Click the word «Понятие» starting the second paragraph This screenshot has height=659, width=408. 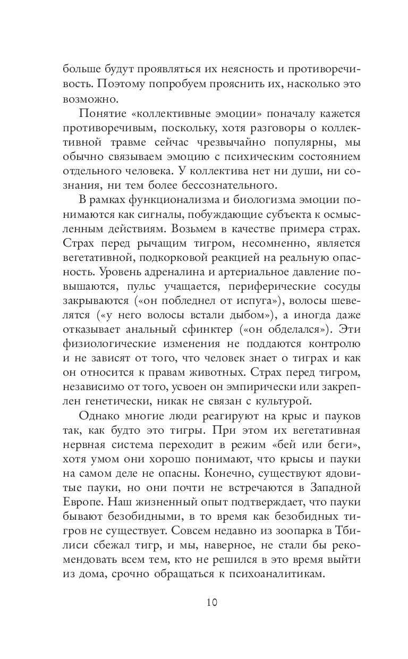coord(104,114)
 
